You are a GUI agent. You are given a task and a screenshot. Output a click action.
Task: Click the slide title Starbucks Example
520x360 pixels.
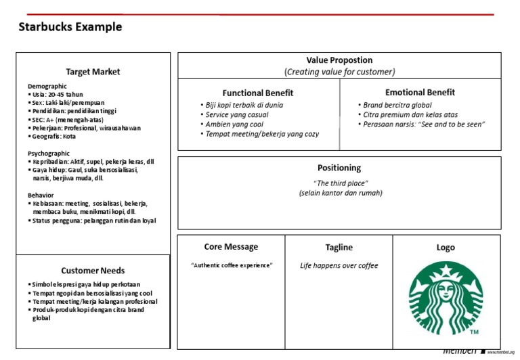70,27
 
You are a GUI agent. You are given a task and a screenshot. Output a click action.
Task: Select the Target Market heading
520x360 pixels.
93,71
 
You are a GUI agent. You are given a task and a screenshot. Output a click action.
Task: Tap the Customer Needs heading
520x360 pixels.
93,271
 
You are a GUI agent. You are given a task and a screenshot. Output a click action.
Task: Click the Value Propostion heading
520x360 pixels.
339,60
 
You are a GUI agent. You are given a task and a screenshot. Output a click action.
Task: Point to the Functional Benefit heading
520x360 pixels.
258,93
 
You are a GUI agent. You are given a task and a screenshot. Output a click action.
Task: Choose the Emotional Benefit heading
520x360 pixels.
420,92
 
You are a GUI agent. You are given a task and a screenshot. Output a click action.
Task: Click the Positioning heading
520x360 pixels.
339,168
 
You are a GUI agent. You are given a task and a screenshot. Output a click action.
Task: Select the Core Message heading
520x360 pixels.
231,247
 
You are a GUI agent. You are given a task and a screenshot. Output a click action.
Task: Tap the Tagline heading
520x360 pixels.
339,248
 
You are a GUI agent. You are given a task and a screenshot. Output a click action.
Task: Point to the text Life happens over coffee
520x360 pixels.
339,266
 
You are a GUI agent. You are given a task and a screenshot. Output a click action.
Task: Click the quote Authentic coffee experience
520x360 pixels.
232,266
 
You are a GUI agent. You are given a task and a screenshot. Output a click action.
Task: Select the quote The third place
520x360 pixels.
339,183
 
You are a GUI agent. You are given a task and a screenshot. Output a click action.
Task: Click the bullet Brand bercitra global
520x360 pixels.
397,106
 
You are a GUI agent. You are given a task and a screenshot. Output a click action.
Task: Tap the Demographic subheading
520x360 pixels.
47,87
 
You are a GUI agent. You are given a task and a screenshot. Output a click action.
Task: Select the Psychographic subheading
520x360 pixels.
49,154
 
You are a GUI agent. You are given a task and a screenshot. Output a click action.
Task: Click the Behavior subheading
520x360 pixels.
41,195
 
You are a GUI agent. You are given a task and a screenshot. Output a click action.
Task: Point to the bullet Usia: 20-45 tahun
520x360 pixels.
60,95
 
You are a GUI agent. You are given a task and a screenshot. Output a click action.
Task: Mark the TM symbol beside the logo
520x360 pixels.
474,332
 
